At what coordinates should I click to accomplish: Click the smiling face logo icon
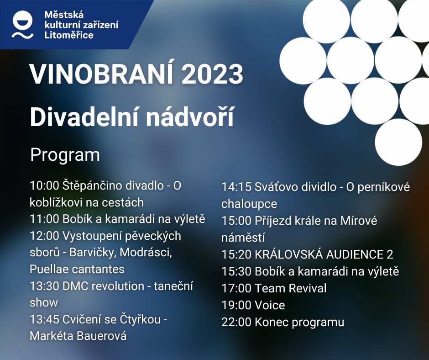pos(23,24)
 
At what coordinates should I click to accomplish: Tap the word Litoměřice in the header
pos(68,35)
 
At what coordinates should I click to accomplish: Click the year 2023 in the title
pos(212,74)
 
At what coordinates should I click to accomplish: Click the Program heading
pos(65,155)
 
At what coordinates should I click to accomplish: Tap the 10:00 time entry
pos(44,186)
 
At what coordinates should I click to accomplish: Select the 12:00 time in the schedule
pos(44,236)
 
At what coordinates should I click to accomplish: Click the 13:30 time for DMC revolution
pos(44,286)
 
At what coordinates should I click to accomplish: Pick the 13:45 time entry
pos(44,319)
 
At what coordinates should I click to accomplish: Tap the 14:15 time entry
pos(236,187)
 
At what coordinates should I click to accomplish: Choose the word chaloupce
pos(249,204)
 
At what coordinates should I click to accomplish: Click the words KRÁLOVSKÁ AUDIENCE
pos(319,254)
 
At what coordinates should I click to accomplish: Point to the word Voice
pos(270,305)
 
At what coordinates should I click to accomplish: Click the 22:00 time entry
pos(236,322)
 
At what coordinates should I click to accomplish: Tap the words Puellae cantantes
pos(77,270)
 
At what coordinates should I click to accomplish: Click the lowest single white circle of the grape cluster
pos(398,142)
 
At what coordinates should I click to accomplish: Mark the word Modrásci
pos(146,253)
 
